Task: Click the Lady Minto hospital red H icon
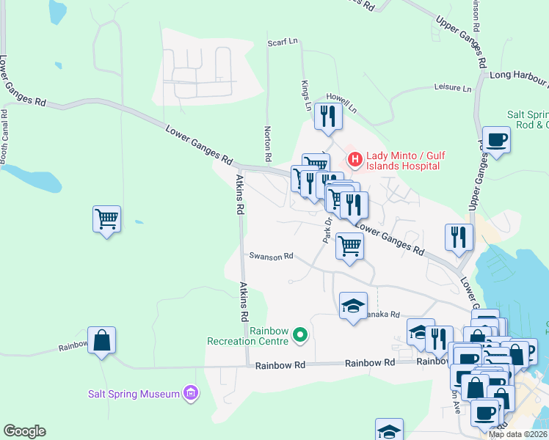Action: pos(355,158)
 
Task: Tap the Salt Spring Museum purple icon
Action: pos(191,393)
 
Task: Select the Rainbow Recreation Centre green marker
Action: pos(299,335)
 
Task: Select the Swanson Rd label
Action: pos(271,256)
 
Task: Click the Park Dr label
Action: pos(328,231)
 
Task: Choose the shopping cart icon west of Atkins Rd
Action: pos(107,219)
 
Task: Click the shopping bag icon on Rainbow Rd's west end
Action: pos(102,340)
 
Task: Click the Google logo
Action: pos(24,431)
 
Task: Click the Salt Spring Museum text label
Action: pos(134,394)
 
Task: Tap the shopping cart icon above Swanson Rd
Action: pos(350,246)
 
